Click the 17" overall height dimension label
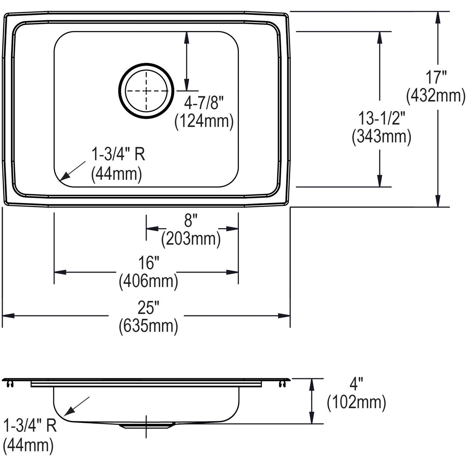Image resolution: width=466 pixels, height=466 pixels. point(435,77)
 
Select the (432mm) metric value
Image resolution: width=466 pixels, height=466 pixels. point(435,96)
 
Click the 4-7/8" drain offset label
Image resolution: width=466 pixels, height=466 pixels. point(204,103)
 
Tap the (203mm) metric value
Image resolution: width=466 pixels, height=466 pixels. point(191,238)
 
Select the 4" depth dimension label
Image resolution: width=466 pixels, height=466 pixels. point(356,385)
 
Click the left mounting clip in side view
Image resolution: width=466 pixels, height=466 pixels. point(10,384)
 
